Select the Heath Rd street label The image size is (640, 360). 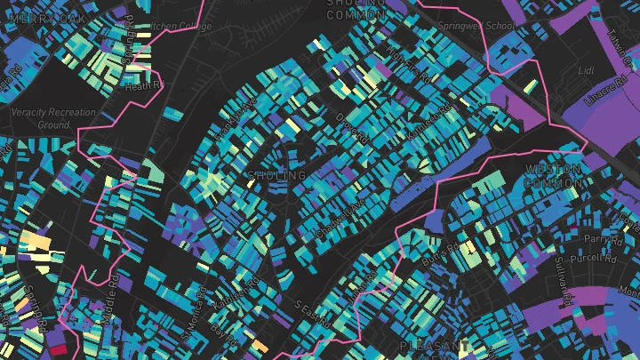(x=145, y=86)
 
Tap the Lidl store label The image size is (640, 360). (x=585, y=68)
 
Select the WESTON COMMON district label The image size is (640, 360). (x=553, y=175)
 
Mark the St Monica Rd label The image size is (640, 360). (x=198, y=307)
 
